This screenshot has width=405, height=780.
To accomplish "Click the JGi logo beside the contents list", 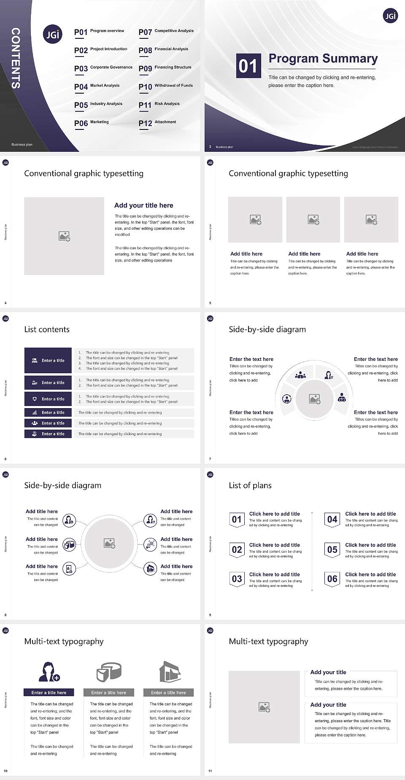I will click(x=53, y=35).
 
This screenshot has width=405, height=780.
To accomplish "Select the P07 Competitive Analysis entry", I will click(x=166, y=32).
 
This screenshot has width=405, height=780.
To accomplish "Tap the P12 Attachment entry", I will click(x=157, y=123).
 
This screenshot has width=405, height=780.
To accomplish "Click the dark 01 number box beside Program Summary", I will click(x=248, y=66).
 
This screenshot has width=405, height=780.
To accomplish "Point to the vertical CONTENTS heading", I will click(x=16, y=58).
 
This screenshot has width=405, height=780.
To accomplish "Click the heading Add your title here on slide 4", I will click(x=143, y=205).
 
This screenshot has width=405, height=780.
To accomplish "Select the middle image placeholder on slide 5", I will click(x=313, y=220).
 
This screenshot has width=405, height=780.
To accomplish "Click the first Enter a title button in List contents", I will click(x=48, y=360).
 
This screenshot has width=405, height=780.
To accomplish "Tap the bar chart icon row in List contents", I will click(x=48, y=412).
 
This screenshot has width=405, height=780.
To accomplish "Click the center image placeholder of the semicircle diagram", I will click(x=314, y=399).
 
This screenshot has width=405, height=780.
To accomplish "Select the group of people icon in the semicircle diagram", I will click(x=300, y=374).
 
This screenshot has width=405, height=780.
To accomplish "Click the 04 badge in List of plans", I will click(x=332, y=520).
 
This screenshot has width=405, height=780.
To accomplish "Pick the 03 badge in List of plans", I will click(x=237, y=579).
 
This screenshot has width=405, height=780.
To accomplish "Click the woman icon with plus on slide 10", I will click(x=49, y=672).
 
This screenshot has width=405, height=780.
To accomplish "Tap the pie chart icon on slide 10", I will click(x=109, y=672).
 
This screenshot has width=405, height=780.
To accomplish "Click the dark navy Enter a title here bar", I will click(x=49, y=692).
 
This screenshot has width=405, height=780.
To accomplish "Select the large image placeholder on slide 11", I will click(x=264, y=707).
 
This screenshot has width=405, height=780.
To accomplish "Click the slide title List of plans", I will click(x=250, y=485).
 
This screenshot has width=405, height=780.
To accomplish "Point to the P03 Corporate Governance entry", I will click(x=103, y=68).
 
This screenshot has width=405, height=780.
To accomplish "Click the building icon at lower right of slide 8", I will click(x=150, y=569).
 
